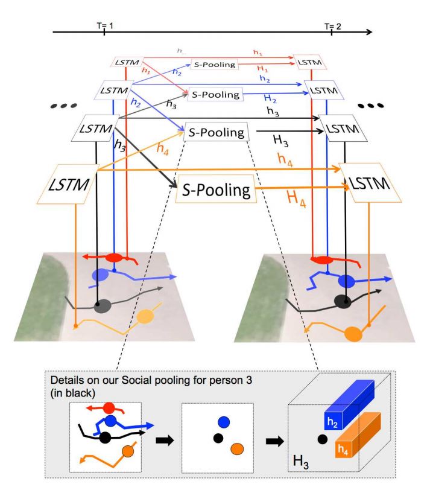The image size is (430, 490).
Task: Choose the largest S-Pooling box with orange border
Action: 215,192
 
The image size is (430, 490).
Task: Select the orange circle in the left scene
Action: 146,316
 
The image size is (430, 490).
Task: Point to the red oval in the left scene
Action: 114,258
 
